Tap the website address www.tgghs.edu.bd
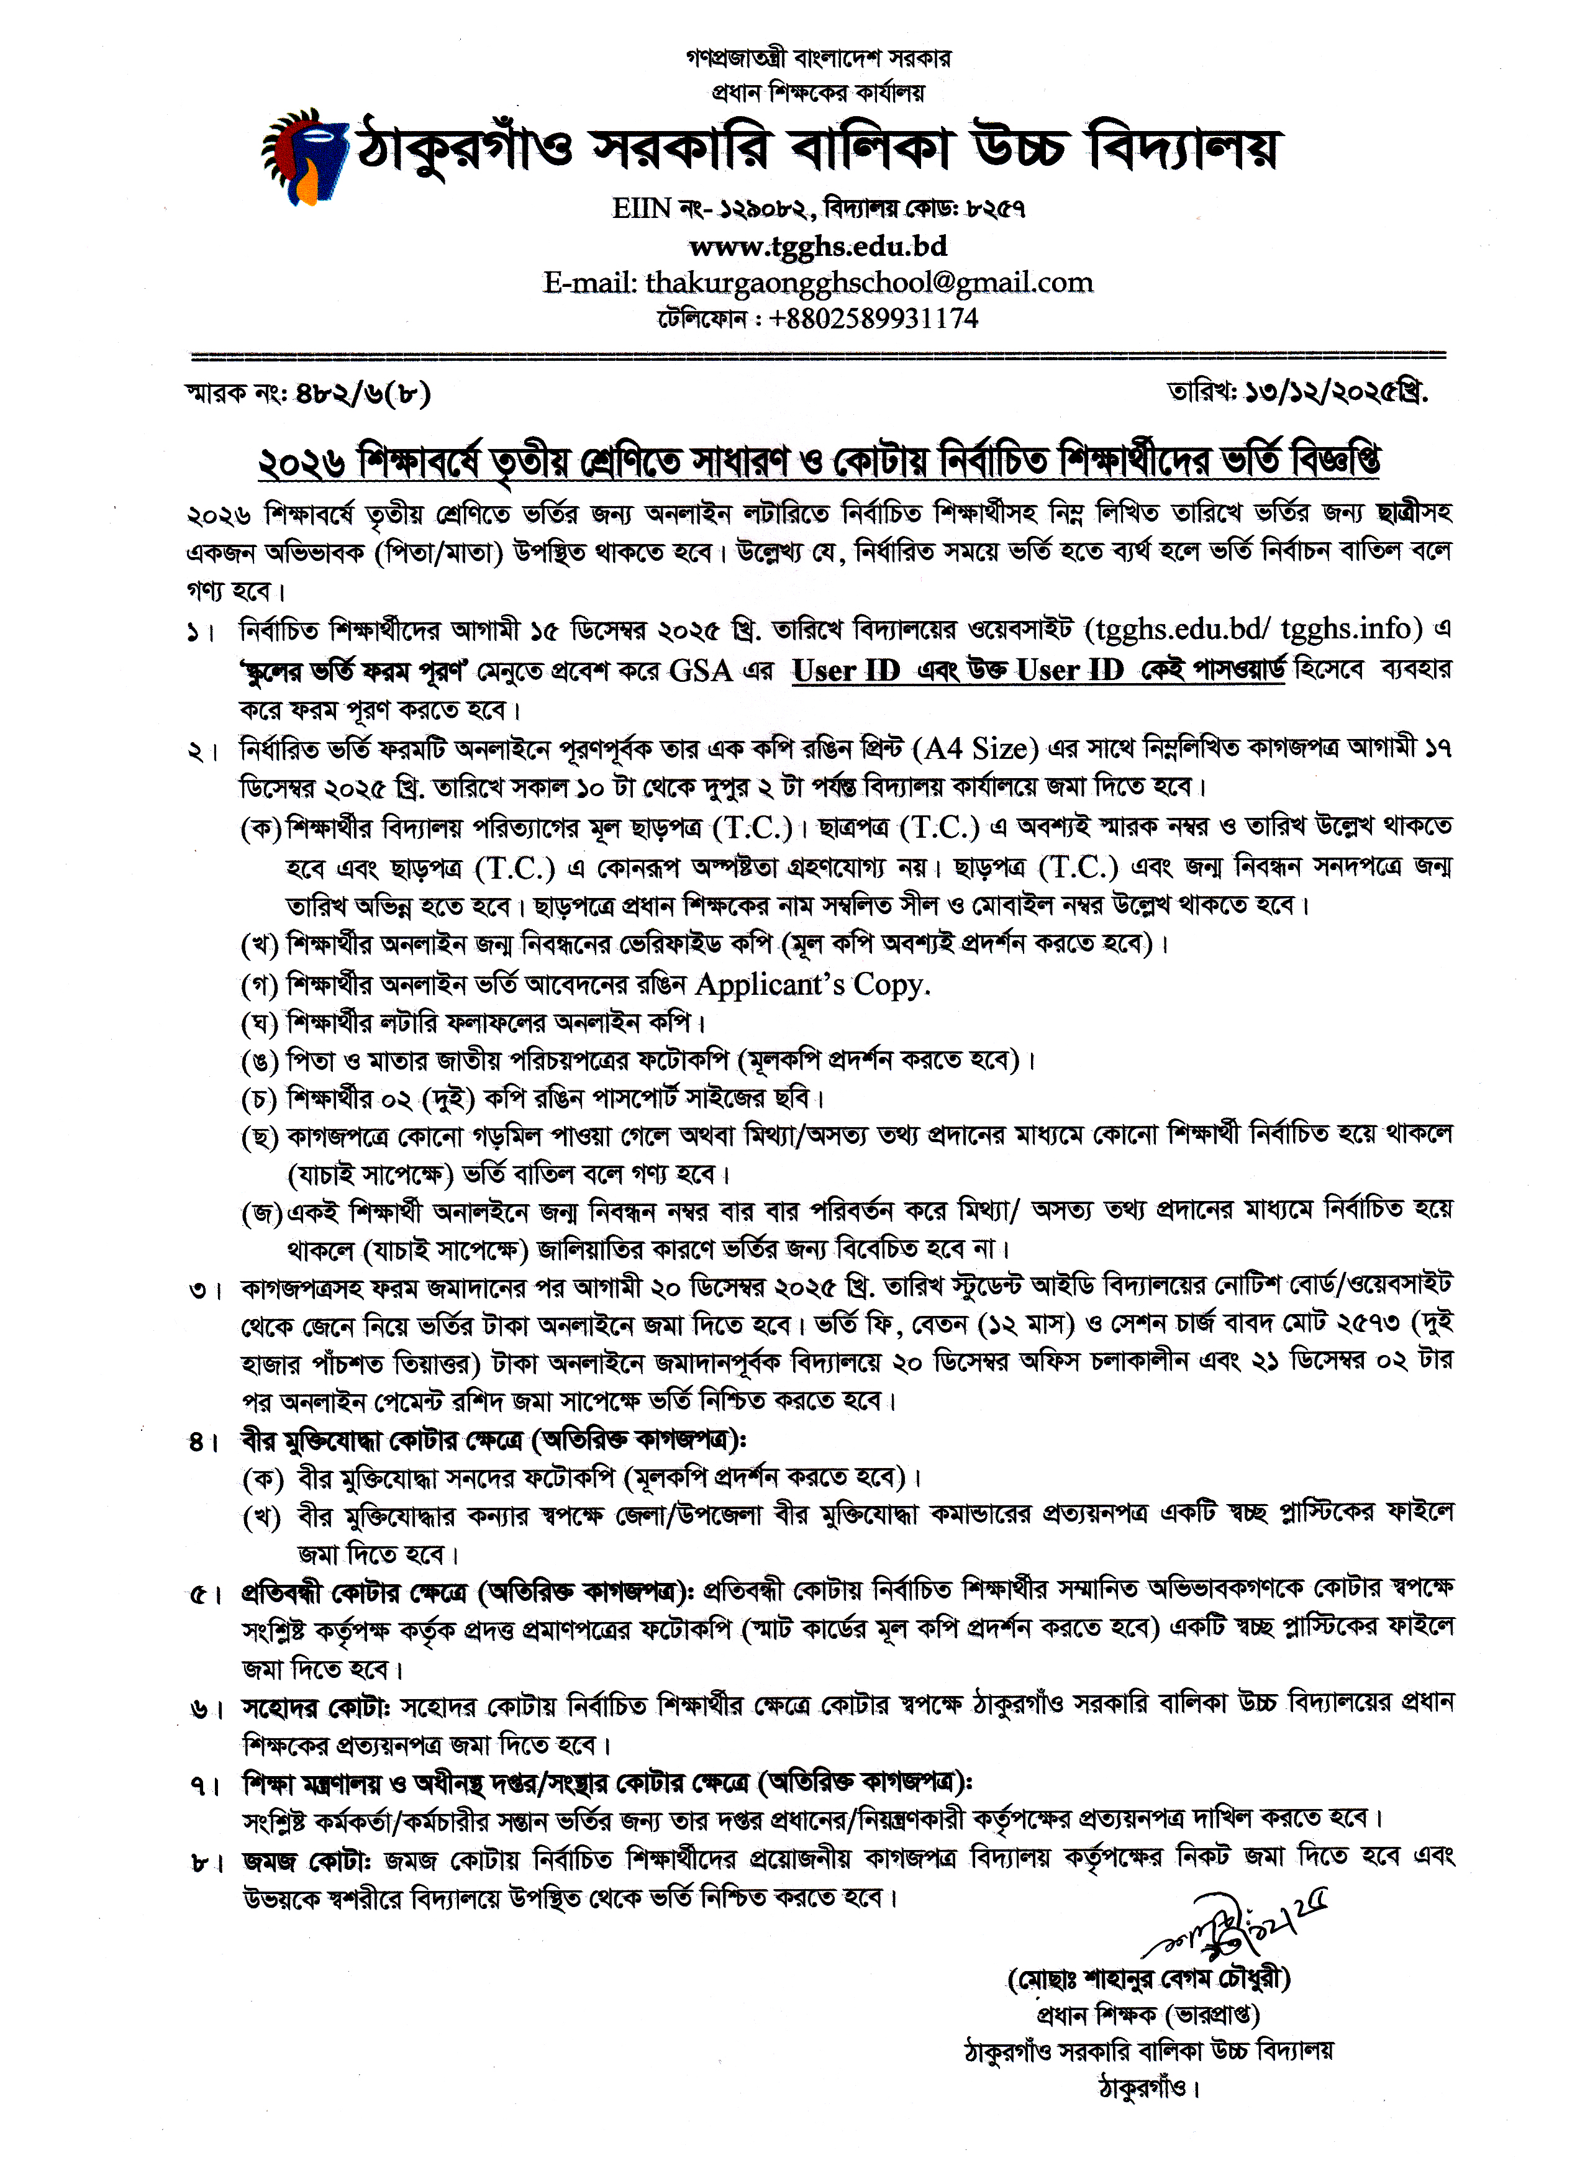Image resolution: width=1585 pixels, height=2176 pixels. click(817, 247)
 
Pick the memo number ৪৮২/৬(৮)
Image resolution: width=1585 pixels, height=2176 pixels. click(363, 393)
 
